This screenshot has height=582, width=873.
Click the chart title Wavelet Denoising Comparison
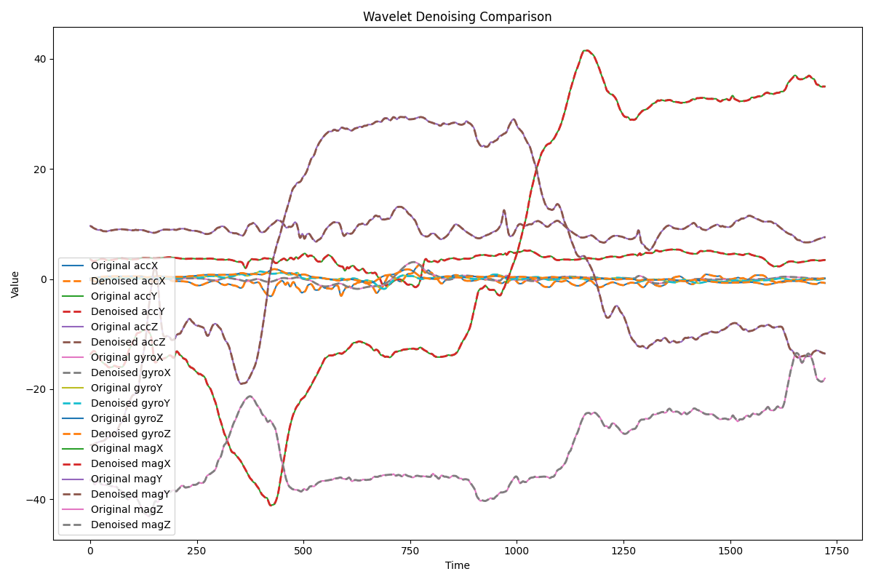click(457, 17)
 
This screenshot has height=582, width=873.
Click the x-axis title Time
click(457, 565)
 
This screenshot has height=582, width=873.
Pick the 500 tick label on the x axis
click(303, 552)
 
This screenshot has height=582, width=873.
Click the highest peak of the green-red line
click(586, 50)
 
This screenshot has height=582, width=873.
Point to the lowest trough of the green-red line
click(271, 505)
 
